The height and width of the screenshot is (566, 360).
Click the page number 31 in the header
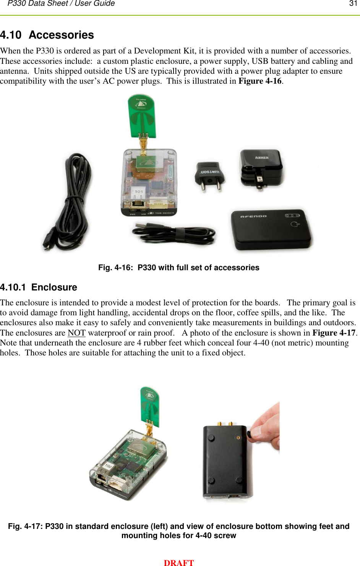[353, 4]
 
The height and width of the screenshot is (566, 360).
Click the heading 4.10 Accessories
[47, 35]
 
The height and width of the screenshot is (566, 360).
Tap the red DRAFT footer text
[178, 562]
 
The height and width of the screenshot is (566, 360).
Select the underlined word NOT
[76, 333]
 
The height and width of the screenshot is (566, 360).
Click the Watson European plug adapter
[209, 175]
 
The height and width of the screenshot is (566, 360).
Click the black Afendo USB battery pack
[271, 229]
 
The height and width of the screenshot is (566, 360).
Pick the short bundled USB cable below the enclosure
[174, 234]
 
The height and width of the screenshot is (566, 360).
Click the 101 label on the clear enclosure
[138, 191]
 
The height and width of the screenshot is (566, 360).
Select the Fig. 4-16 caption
[178, 268]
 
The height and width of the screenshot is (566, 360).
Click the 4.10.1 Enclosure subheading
[39, 287]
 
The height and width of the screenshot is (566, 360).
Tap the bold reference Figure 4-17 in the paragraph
[334, 333]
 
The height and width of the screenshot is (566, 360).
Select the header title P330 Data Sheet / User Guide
[61, 4]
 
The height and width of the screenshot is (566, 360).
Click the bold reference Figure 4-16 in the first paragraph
[260, 81]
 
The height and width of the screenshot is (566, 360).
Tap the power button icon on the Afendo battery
[295, 224]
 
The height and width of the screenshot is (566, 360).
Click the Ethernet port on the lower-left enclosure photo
[102, 478]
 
